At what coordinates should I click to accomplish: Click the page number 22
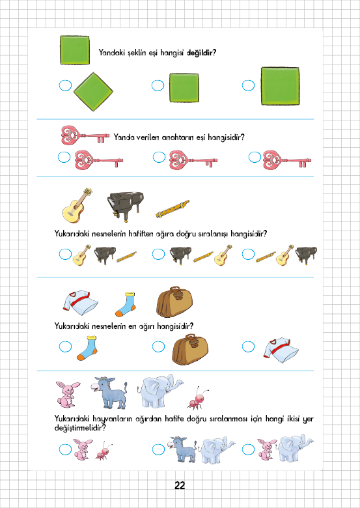[x=180, y=485]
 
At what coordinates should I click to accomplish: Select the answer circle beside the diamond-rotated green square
[x=65, y=85]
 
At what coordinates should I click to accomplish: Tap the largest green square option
[x=280, y=86]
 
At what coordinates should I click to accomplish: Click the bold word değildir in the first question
[x=201, y=53]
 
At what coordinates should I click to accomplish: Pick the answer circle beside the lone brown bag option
[x=158, y=346]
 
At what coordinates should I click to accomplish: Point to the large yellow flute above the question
[x=173, y=209]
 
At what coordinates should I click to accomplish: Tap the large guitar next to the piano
[x=77, y=205]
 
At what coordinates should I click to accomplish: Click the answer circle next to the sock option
[x=65, y=346]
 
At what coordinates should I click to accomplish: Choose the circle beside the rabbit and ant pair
[x=65, y=449]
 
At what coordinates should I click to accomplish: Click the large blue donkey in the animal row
[x=109, y=392]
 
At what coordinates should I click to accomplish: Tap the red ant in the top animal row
[x=198, y=397]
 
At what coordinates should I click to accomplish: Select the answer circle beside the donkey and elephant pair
[x=158, y=449]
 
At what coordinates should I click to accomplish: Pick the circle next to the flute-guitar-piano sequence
[x=248, y=254]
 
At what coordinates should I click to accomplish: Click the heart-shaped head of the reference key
[x=70, y=135]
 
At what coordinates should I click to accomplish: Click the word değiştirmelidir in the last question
[x=80, y=428]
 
